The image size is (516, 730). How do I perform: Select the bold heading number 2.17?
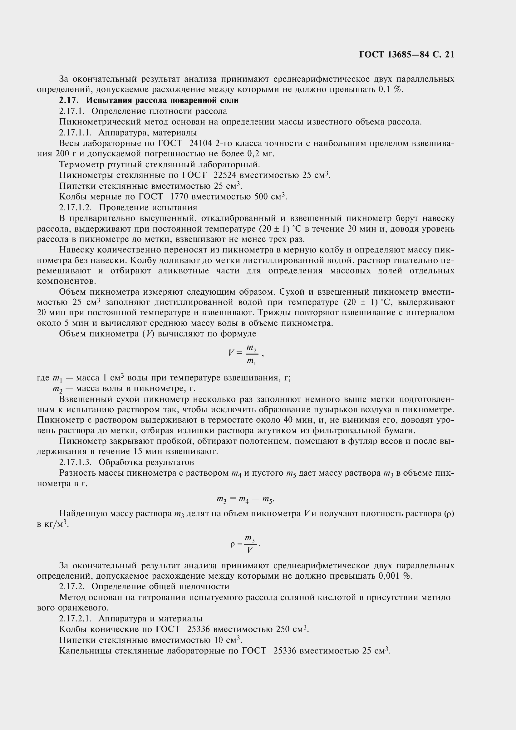coord(68,100)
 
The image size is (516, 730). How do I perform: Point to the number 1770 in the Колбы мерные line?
coord(180,197)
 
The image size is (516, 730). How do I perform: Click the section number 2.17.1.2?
coord(75,208)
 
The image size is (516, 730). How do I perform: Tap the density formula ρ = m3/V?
coord(245,544)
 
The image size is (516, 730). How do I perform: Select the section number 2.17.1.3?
coord(75,462)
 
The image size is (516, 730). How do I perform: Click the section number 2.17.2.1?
coord(75,618)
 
